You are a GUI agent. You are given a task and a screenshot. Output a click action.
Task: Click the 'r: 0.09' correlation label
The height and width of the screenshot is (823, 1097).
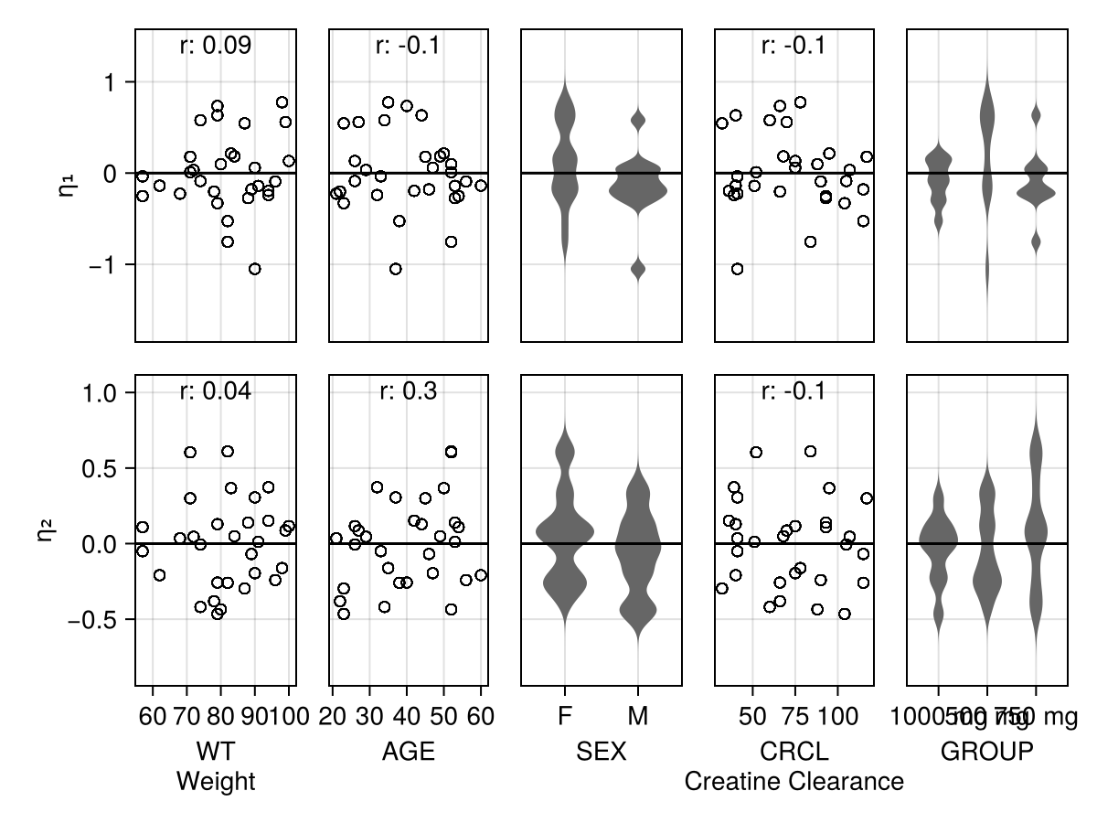(215, 45)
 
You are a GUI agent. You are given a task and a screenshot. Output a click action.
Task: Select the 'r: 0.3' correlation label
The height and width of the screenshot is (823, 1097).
(408, 391)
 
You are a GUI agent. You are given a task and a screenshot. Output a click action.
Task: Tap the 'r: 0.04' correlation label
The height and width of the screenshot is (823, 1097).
(215, 391)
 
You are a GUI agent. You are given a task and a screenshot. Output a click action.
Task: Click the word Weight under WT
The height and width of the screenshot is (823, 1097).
(216, 782)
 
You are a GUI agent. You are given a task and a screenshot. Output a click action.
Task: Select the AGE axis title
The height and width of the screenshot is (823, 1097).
(408, 752)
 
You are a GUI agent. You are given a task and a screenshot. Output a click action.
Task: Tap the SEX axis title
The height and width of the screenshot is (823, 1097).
(601, 752)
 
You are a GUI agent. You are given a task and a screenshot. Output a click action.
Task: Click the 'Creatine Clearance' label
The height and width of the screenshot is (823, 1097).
(793, 782)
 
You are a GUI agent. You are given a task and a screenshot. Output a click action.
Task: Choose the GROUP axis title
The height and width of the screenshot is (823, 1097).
(987, 752)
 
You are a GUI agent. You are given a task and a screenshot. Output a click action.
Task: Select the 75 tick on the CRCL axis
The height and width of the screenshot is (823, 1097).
(795, 716)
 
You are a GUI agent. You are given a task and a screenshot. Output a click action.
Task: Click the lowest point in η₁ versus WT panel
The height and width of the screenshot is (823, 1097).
(255, 269)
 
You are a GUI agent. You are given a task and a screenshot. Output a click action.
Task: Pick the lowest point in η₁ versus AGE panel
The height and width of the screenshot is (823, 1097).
(396, 269)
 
